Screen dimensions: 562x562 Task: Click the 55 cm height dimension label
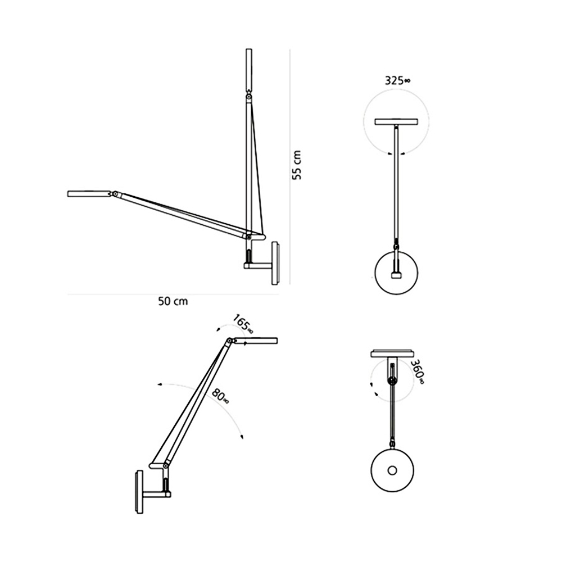tap(296, 165)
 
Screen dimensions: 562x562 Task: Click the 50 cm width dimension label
tap(173, 301)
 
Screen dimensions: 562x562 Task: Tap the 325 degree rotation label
tap(397, 80)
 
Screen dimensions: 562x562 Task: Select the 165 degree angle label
tap(242, 324)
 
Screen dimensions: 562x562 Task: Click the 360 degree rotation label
tap(417, 372)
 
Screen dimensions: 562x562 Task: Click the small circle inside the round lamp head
tap(392, 470)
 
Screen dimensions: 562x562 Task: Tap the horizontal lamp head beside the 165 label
tap(256, 340)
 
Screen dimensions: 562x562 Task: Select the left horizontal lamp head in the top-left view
tap(89, 194)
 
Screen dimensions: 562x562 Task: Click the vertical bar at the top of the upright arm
tap(248, 70)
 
